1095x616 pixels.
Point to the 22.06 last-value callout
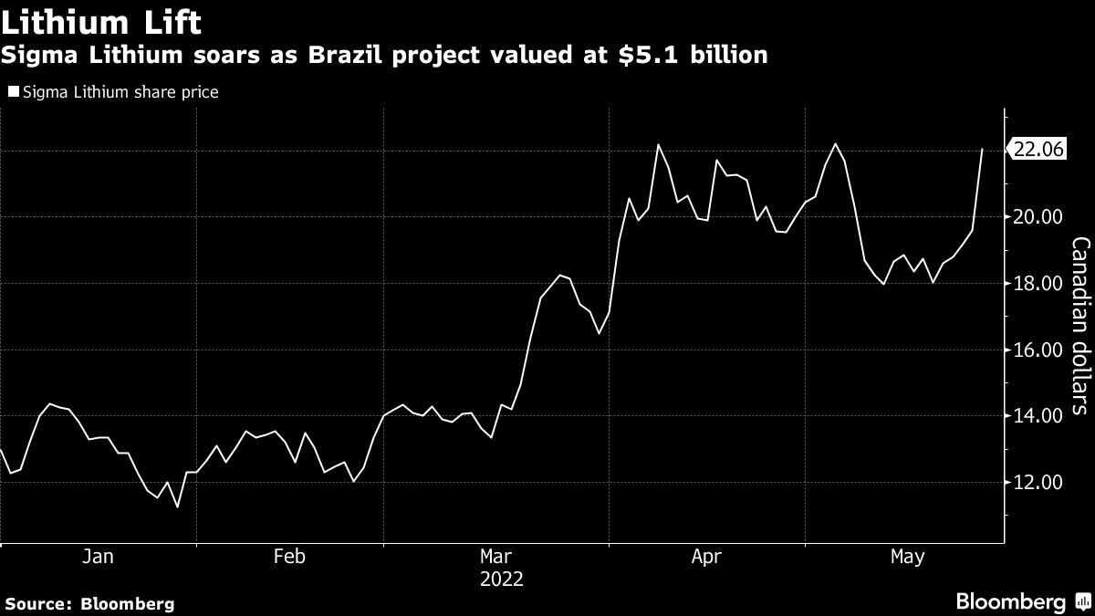pos(1037,151)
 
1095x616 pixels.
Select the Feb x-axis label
pos(289,557)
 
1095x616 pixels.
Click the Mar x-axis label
pos(496,557)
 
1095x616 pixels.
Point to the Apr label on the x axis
pos(707,557)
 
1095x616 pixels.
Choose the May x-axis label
pos(908,557)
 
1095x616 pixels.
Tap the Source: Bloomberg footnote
pos(89,603)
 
